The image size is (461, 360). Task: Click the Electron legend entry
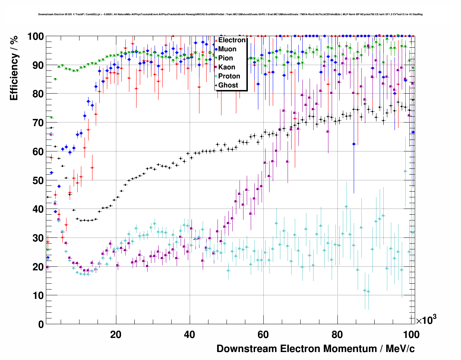pos(232,40)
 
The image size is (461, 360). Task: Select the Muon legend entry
pos(227,49)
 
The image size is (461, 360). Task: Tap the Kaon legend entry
pos(227,67)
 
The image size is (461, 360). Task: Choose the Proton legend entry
pos(229,76)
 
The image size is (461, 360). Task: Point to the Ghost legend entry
pos(228,85)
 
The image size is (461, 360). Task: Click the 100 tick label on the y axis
pos(36,37)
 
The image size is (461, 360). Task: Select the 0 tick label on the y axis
pos(41,324)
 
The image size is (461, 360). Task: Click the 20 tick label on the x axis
pos(116,334)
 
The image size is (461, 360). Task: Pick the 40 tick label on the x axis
pos(190,334)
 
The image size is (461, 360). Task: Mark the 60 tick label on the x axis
pos(263,334)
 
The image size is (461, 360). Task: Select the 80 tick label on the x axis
pos(337,334)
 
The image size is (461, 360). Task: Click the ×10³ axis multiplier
pos(426,320)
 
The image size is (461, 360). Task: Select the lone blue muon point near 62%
pos(354,144)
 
